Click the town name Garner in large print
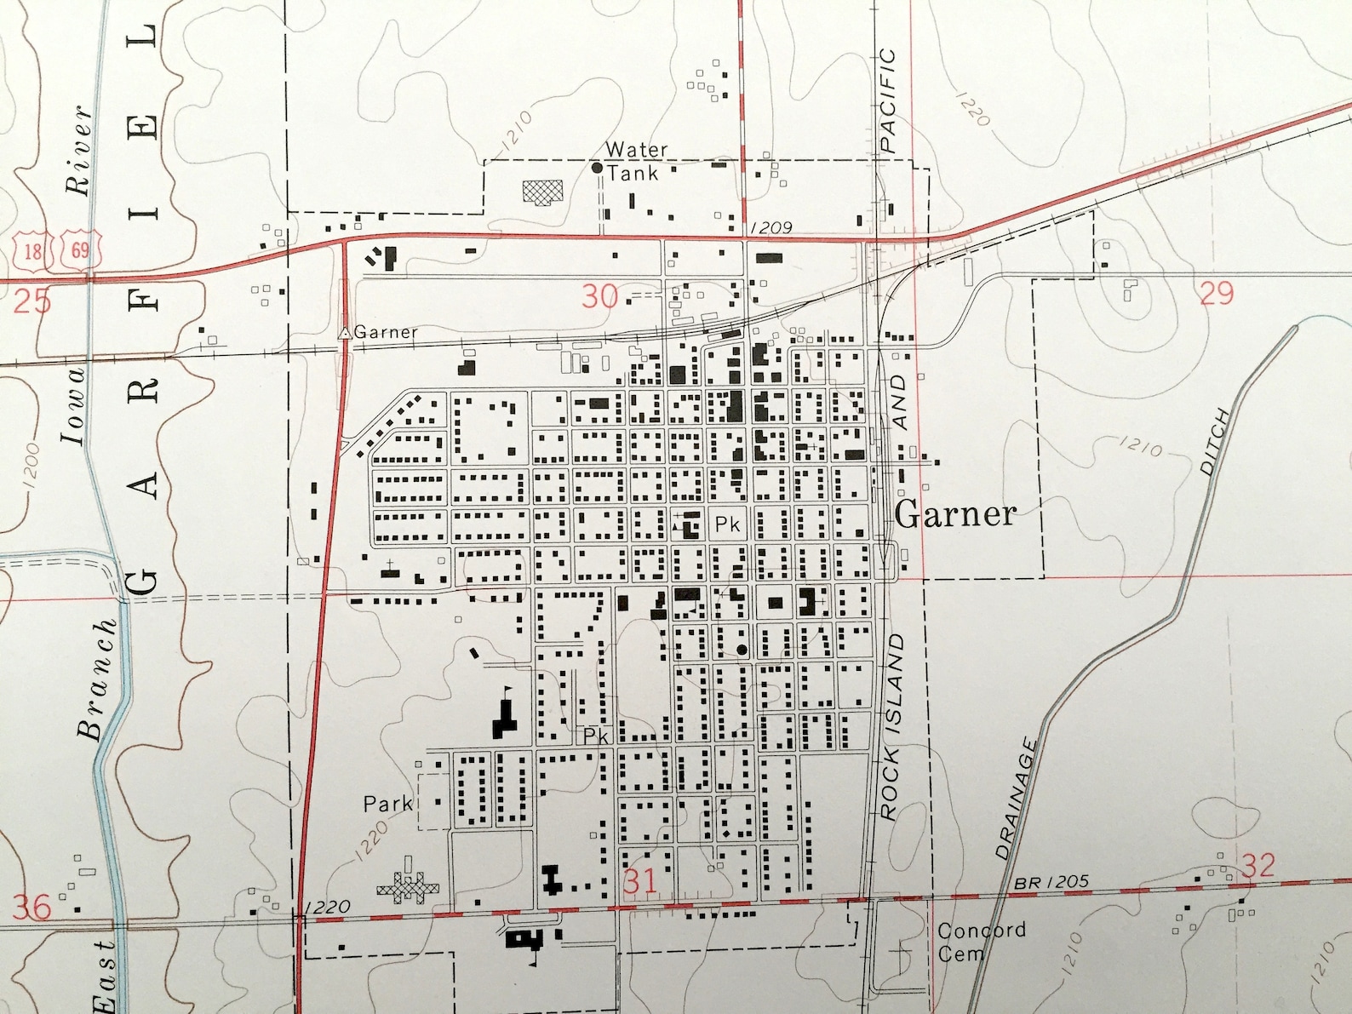pyautogui.click(x=955, y=514)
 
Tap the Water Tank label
pyautogui.click(x=635, y=161)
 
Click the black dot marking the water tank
pyautogui.click(x=597, y=169)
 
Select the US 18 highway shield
pyautogui.click(x=32, y=250)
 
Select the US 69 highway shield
pyautogui.click(x=80, y=250)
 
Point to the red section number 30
pyautogui.click(x=599, y=296)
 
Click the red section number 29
pyautogui.click(x=1216, y=293)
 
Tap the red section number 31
pyautogui.click(x=639, y=881)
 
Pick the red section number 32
pyautogui.click(x=1257, y=866)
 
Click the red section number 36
pyautogui.click(x=32, y=907)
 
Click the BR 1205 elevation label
pyautogui.click(x=1051, y=883)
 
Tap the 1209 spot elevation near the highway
pyautogui.click(x=771, y=227)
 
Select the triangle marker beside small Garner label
pyautogui.click(x=345, y=333)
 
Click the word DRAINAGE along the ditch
pyautogui.click(x=1016, y=799)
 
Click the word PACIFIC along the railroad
pyautogui.click(x=887, y=100)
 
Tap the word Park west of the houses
pyautogui.click(x=387, y=803)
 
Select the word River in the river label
pyautogui.click(x=79, y=151)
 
